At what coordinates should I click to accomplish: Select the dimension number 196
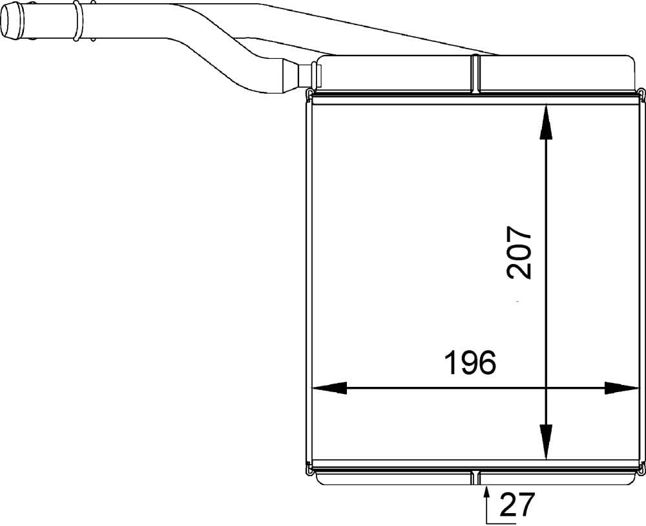click(470, 363)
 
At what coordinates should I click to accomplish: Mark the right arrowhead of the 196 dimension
click(621, 388)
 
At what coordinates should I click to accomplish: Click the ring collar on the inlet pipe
click(77, 20)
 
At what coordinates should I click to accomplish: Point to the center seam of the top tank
click(476, 73)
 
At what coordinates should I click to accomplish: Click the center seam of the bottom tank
click(476, 477)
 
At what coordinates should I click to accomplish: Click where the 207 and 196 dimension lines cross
click(546, 388)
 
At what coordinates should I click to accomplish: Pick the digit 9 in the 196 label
click(470, 363)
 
